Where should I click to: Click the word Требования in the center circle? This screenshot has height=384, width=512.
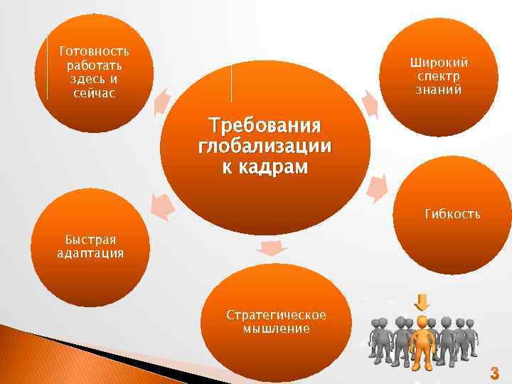pyautogui.click(x=265, y=127)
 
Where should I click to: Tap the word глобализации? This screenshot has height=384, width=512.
pyautogui.click(x=265, y=147)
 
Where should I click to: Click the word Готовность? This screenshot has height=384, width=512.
pyautogui.click(x=95, y=51)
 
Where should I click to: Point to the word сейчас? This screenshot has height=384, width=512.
pyautogui.click(x=95, y=94)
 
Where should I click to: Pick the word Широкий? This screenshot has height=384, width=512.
pyautogui.click(x=439, y=63)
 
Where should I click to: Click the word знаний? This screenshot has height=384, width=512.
pyautogui.click(x=439, y=90)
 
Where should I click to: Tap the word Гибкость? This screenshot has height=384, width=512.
pyautogui.click(x=452, y=213)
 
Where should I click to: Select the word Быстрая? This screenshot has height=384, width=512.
pyautogui.click(x=90, y=240)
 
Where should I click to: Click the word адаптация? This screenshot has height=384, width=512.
pyautogui.click(x=90, y=253)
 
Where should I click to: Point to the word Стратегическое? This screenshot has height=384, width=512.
pyautogui.click(x=276, y=314)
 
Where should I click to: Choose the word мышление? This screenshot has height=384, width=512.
pyautogui.click(x=276, y=329)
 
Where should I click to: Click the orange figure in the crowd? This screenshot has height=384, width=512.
pyautogui.click(x=423, y=339)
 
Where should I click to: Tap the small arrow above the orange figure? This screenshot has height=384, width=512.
pyautogui.click(x=423, y=302)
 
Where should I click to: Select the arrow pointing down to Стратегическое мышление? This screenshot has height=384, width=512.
pyautogui.click(x=273, y=247)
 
